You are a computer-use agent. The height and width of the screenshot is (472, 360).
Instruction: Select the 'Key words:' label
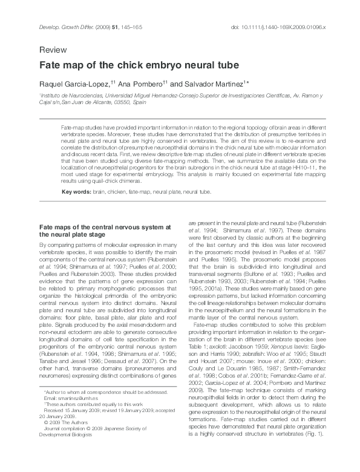coord(76,192)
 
